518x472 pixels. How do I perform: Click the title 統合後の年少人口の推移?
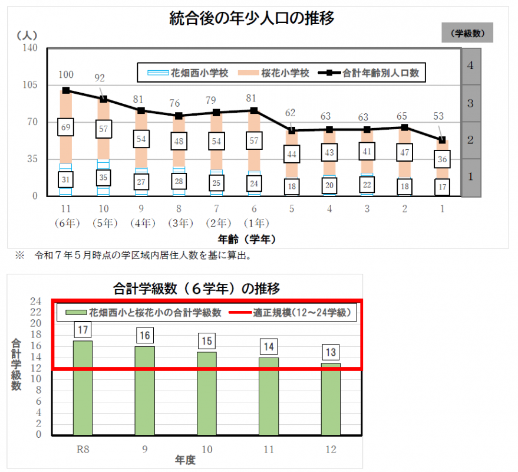point(252,19)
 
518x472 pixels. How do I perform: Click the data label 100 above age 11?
point(66,74)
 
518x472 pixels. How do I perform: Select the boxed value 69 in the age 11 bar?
point(66,127)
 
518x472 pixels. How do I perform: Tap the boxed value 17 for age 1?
point(443,186)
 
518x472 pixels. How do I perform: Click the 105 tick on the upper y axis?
point(29,85)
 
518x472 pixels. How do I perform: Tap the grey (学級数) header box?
point(467,33)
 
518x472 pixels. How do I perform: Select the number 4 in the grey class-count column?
point(470,65)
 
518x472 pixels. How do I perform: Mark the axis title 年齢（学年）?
point(247,239)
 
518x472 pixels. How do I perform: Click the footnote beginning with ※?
point(134,255)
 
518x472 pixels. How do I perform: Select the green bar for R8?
point(82,388)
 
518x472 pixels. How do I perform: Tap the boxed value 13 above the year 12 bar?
point(331,352)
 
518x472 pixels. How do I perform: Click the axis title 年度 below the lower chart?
point(184,458)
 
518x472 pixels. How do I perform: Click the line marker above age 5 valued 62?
point(292,130)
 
